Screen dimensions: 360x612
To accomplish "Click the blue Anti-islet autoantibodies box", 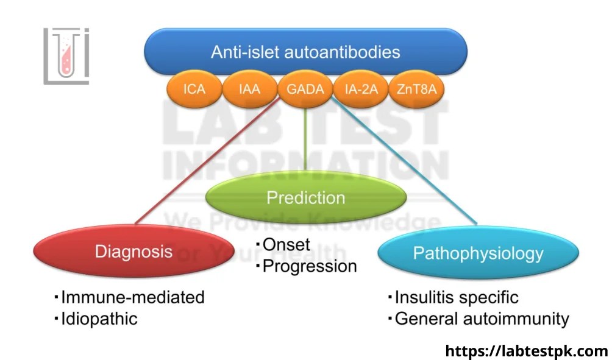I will coord(305,52).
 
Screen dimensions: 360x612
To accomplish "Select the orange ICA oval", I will coord(194,90).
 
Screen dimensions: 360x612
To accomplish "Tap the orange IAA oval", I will coord(249,90).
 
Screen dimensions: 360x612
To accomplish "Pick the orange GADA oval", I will coord(305,90).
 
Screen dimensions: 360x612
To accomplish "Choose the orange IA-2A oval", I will coord(361,90).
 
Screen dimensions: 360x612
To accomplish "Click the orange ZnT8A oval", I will coord(417,90).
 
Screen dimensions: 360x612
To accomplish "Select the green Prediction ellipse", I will coord(305,198).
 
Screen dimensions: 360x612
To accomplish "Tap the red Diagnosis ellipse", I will coord(133,252).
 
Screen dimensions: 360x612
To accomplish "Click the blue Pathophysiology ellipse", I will coord(478,253).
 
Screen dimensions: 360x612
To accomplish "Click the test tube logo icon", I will coord(66,55).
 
